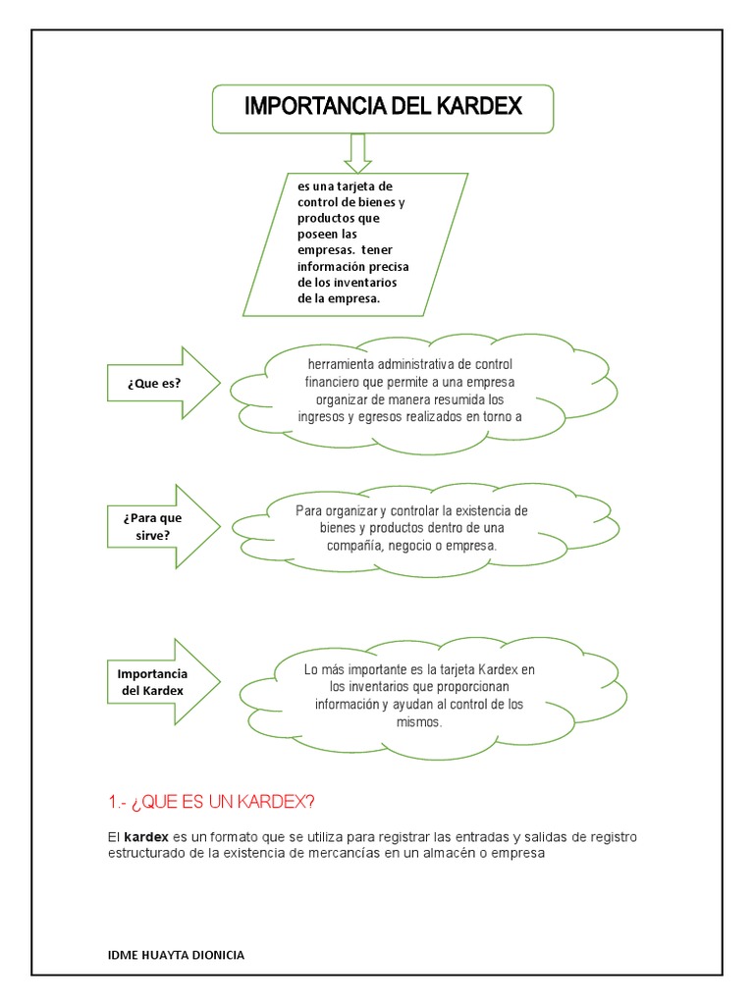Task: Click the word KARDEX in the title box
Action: [x=475, y=107]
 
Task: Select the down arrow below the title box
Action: [x=356, y=152]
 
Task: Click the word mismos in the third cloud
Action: [x=419, y=722]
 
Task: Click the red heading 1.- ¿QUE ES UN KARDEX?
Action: [x=212, y=803]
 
